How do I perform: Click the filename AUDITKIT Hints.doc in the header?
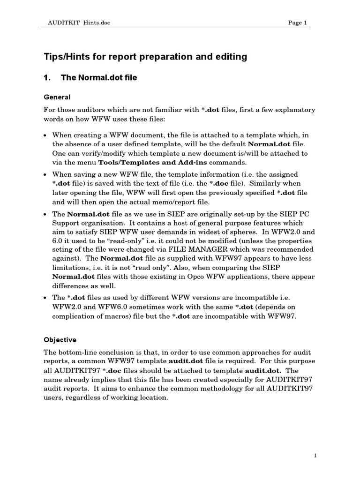pos(79,23)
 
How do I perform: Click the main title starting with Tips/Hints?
pos(145,57)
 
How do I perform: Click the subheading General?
pos(57,97)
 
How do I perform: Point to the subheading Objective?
pos(60,339)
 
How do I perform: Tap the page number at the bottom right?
pos(315,455)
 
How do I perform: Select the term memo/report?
pos(146,202)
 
